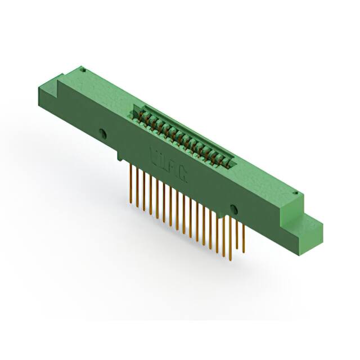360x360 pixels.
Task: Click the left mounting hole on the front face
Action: [103, 134]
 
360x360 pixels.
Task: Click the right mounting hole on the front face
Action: [234, 210]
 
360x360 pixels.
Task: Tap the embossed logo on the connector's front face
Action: [168, 163]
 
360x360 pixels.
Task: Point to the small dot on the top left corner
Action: [83, 70]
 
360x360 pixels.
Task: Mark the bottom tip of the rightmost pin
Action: [244, 250]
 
